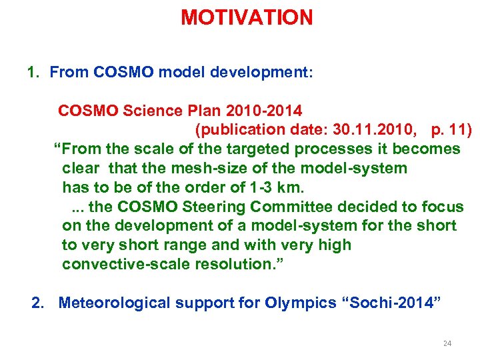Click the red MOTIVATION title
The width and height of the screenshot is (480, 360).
point(247,18)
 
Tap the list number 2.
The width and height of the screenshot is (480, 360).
point(38,303)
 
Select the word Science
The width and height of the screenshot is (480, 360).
point(151,110)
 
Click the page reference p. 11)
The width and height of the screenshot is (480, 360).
point(449,129)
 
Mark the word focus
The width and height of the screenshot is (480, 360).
point(439,207)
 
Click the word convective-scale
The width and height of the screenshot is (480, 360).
point(125,265)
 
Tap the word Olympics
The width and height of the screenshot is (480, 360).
point(300,303)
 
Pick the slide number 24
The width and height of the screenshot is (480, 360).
point(447,343)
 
